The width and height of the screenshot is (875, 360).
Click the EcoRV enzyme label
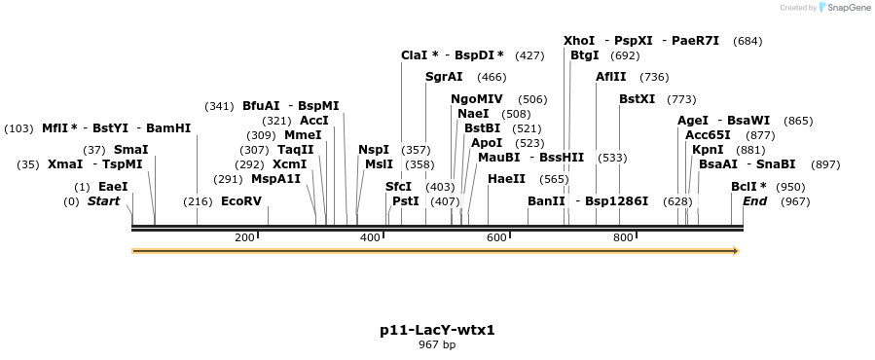tap(241, 201)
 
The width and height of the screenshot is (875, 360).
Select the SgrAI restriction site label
tap(444, 77)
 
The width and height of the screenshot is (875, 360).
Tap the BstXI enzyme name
tap(638, 99)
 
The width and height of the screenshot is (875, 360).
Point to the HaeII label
tap(506, 179)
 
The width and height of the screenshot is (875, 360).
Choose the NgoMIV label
tap(477, 99)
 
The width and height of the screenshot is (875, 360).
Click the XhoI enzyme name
tap(579, 41)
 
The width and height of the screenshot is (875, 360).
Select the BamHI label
tap(168, 128)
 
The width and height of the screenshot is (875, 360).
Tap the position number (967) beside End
tap(794, 201)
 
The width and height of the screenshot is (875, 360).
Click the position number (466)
tap(492, 77)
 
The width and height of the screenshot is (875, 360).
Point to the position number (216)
tap(198, 201)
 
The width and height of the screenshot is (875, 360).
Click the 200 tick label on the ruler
tap(244, 238)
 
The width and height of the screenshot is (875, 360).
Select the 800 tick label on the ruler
tap(623, 238)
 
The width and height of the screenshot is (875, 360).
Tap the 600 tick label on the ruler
tap(496, 238)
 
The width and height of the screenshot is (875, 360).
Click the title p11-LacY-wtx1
tap(437, 330)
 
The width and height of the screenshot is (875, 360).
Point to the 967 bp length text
tap(437, 344)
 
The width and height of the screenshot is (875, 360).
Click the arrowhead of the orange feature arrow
tap(736, 251)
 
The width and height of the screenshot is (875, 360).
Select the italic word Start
tap(103, 201)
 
